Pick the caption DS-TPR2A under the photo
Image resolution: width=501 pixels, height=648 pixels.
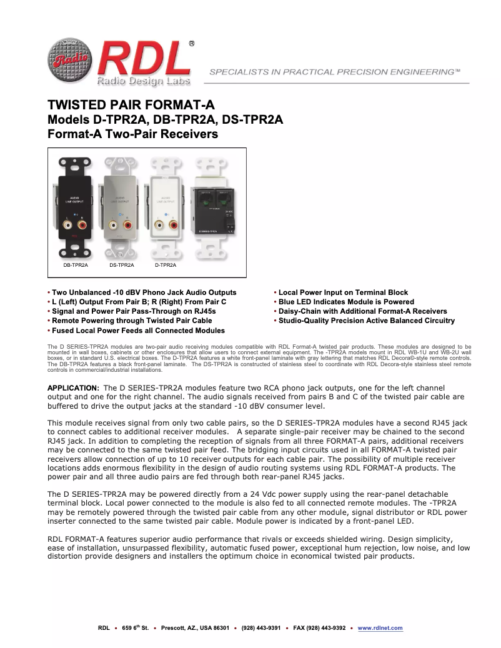(122, 265)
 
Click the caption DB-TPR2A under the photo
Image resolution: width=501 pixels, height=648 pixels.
(76, 265)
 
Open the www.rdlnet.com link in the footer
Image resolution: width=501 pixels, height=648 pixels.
(380, 628)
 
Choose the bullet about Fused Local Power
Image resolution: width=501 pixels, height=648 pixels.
(138, 331)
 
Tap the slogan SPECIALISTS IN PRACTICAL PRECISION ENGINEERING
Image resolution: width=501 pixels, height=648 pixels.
(335, 72)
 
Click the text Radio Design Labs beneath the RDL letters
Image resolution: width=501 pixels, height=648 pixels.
(143, 81)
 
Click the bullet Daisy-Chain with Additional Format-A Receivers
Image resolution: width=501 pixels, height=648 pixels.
(362, 311)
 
